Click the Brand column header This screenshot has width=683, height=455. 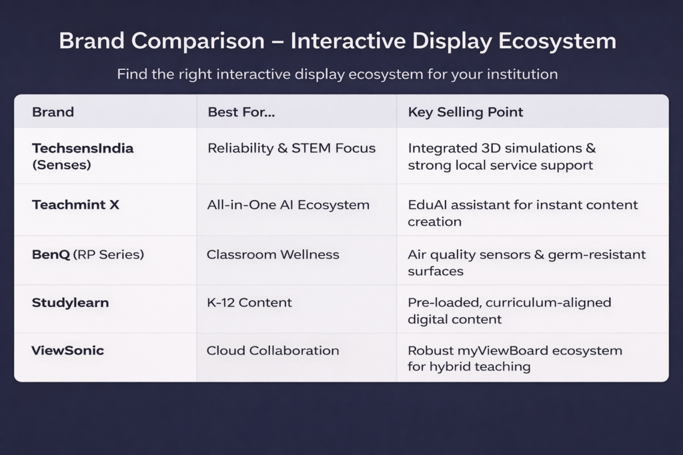pyautogui.click(x=53, y=112)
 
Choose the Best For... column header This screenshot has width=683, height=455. pyautogui.click(x=241, y=112)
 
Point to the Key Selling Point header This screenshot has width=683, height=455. pyautogui.click(x=465, y=112)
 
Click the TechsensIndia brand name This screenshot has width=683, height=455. pyautogui.click(x=83, y=149)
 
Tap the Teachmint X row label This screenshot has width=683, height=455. pyautogui.click(x=75, y=205)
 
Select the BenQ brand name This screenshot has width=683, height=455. pyautogui.click(x=51, y=254)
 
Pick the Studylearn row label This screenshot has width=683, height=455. pyautogui.click(x=70, y=302)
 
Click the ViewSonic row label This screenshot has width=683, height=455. pyautogui.click(x=67, y=350)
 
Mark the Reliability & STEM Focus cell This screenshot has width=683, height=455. pyautogui.click(x=291, y=149)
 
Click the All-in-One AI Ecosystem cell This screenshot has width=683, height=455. pyautogui.click(x=288, y=205)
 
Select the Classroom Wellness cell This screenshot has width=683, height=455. pyautogui.click(x=273, y=254)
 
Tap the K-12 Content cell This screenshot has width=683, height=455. pyautogui.click(x=249, y=302)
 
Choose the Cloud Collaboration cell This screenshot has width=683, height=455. pyautogui.click(x=273, y=350)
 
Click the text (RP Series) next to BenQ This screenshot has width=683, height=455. pyautogui.click(x=109, y=254)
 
